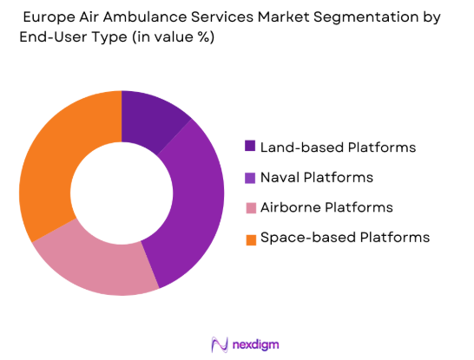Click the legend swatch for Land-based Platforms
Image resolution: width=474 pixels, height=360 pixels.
point(251,147)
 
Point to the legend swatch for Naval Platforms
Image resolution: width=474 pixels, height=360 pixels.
point(251,177)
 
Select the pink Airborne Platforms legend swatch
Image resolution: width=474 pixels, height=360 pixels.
point(251,207)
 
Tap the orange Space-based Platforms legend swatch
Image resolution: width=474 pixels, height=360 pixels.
point(251,237)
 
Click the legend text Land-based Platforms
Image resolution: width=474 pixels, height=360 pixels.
point(338,147)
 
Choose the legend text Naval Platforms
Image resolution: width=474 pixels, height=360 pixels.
point(317,177)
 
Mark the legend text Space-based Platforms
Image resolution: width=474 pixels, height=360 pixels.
point(344,237)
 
